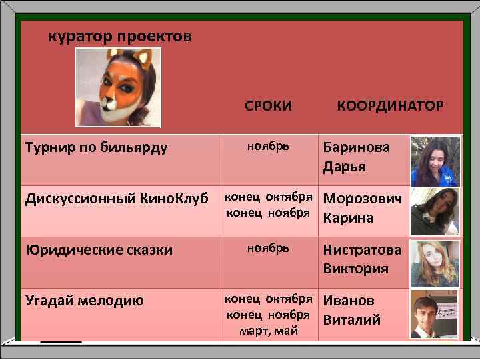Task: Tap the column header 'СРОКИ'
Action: [268, 105]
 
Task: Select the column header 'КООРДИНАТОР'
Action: [390, 105]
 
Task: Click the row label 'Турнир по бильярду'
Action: [96, 146]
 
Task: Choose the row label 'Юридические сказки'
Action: [99, 250]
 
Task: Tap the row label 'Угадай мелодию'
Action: [84, 301]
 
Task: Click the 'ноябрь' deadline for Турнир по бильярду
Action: [268, 145]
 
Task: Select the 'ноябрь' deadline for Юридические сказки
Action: [268, 247]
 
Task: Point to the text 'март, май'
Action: [268, 331]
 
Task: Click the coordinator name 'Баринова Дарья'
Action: [357, 156]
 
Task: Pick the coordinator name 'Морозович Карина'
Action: [363, 208]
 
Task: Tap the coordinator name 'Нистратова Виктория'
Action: [362, 259]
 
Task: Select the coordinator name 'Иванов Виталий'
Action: [352, 310]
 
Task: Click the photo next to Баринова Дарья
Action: [435, 161]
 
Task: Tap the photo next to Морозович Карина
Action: [435, 211]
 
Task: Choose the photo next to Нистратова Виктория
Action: [435, 263]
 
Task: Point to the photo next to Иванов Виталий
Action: [435, 314]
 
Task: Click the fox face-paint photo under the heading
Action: [118, 87]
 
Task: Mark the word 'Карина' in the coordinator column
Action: [348, 218]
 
